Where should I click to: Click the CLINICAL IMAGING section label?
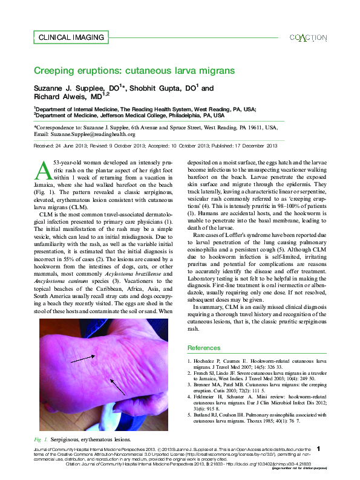71,37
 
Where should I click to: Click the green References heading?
204,348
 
